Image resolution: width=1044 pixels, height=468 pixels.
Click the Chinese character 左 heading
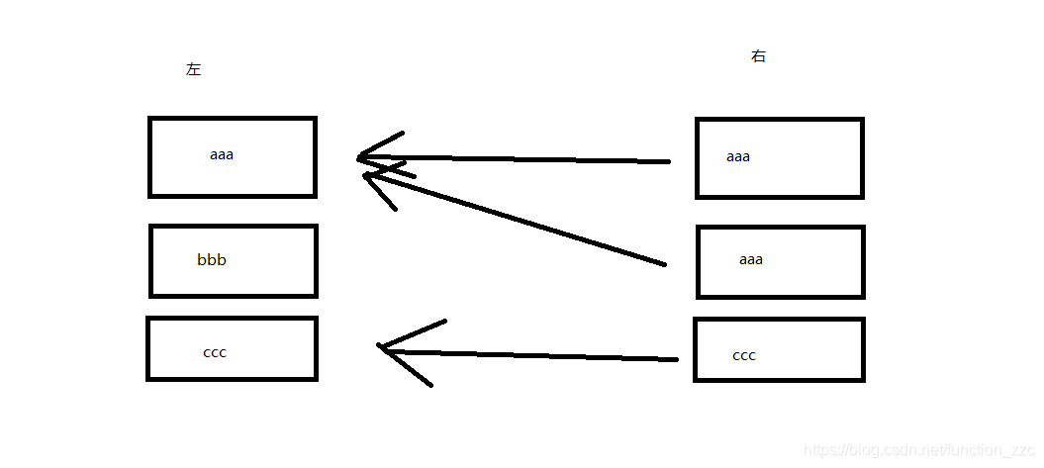193,70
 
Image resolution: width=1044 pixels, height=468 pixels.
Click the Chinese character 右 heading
758,56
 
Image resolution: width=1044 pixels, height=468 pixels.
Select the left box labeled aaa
233,157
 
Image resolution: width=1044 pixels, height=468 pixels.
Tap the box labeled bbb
234,261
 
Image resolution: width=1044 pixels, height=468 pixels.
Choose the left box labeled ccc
232,348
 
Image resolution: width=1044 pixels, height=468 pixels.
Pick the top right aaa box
780,158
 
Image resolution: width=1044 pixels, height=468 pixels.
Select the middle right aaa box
781,262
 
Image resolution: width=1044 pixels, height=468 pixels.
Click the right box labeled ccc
779,349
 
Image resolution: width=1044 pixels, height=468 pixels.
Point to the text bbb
212,260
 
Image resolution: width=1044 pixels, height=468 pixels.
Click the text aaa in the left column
222,154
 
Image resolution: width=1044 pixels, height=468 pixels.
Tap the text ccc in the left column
215,352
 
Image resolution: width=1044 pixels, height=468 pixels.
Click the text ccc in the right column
744,355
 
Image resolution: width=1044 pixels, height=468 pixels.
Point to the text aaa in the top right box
738,156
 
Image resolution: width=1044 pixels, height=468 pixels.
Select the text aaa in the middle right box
751,260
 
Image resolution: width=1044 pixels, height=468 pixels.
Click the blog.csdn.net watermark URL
918,450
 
